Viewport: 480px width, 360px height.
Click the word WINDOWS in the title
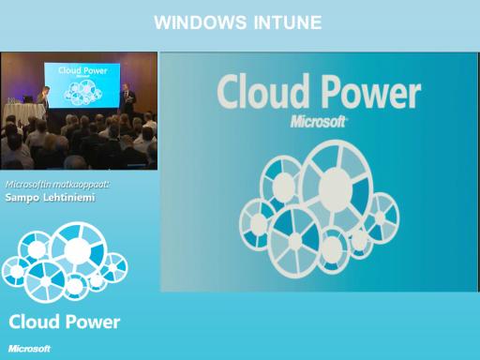click(200, 22)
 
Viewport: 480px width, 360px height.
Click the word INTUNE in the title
click(288, 22)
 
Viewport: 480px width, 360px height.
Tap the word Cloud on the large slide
click(261, 91)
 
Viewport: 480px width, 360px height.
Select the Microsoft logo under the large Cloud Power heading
click(318, 122)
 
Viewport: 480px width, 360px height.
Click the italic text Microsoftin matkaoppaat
click(57, 185)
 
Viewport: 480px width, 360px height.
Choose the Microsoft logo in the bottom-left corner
click(29, 349)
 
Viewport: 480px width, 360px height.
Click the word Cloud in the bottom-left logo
click(34, 322)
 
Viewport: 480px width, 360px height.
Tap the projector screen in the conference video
click(82, 85)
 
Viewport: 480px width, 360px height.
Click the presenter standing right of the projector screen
click(127, 99)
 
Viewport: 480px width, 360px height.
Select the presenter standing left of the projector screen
click(44, 99)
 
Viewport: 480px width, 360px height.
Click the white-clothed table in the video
click(23, 112)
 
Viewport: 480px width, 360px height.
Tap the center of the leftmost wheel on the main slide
click(259, 224)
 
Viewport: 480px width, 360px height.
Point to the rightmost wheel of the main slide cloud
click(381, 217)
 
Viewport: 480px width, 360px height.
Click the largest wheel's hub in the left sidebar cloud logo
click(77, 250)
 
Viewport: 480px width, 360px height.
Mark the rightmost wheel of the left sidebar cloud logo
click(113, 268)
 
